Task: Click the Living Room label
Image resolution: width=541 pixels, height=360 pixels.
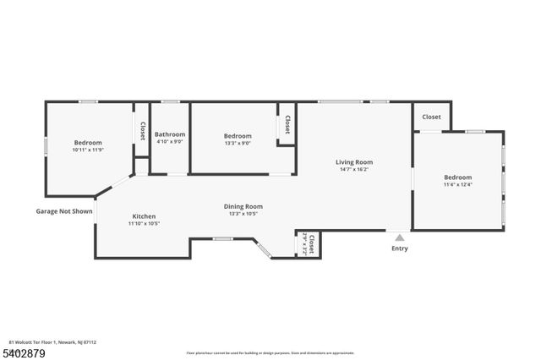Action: point(353,161)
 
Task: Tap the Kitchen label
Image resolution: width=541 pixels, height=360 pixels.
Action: point(144,215)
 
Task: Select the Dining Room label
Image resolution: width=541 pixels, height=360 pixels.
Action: point(243,206)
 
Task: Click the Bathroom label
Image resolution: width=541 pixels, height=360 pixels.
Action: point(170,134)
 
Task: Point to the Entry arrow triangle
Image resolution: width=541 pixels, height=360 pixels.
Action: point(400,238)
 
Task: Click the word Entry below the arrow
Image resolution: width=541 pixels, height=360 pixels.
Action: point(400,248)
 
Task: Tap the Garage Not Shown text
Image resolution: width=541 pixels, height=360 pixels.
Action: point(63,211)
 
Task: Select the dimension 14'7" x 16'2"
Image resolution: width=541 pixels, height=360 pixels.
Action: point(353,170)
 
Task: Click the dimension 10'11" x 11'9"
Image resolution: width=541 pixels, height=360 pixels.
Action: point(88,150)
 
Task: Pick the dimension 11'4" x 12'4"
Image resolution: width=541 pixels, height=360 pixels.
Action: point(457,184)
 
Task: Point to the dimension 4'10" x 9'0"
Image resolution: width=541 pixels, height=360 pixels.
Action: point(170,142)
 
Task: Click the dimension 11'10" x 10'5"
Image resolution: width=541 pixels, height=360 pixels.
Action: point(144,224)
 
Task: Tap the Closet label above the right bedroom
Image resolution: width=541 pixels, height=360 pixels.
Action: point(431,117)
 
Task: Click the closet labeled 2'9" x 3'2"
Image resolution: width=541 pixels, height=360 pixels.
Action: point(310,244)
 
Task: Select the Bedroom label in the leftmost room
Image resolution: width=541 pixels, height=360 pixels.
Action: point(88,142)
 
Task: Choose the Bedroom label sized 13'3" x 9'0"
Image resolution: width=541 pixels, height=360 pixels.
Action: point(238,135)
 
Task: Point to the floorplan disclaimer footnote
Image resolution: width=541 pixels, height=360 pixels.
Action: point(270,352)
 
